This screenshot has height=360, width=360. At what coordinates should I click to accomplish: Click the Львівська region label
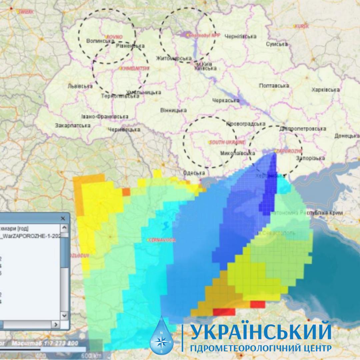click(x=80, y=86)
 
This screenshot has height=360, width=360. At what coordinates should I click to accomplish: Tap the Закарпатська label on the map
click(x=73, y=126)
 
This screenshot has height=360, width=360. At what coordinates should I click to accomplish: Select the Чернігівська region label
click(x=240, y=36)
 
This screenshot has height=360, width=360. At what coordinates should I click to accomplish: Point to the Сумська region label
click(x=277, y=44)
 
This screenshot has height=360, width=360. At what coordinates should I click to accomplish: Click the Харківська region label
click(x=325, y=90)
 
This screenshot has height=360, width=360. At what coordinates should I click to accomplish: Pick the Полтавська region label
click(x=274, y=86)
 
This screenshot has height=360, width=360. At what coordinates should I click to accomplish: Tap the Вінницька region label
click(x=173, y=110)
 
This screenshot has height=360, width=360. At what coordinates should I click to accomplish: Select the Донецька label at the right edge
click(x=347, y=136)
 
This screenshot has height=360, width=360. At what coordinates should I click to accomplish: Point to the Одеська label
click(x=194, y=173)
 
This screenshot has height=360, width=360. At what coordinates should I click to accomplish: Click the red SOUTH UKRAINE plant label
click(x=227, y=142)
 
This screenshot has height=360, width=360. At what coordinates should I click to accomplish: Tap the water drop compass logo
click(x=162, y=335)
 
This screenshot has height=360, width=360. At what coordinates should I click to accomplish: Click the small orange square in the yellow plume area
click(x=126, y=192)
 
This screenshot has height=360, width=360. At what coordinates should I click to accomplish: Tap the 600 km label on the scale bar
click(x=90, y=356)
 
